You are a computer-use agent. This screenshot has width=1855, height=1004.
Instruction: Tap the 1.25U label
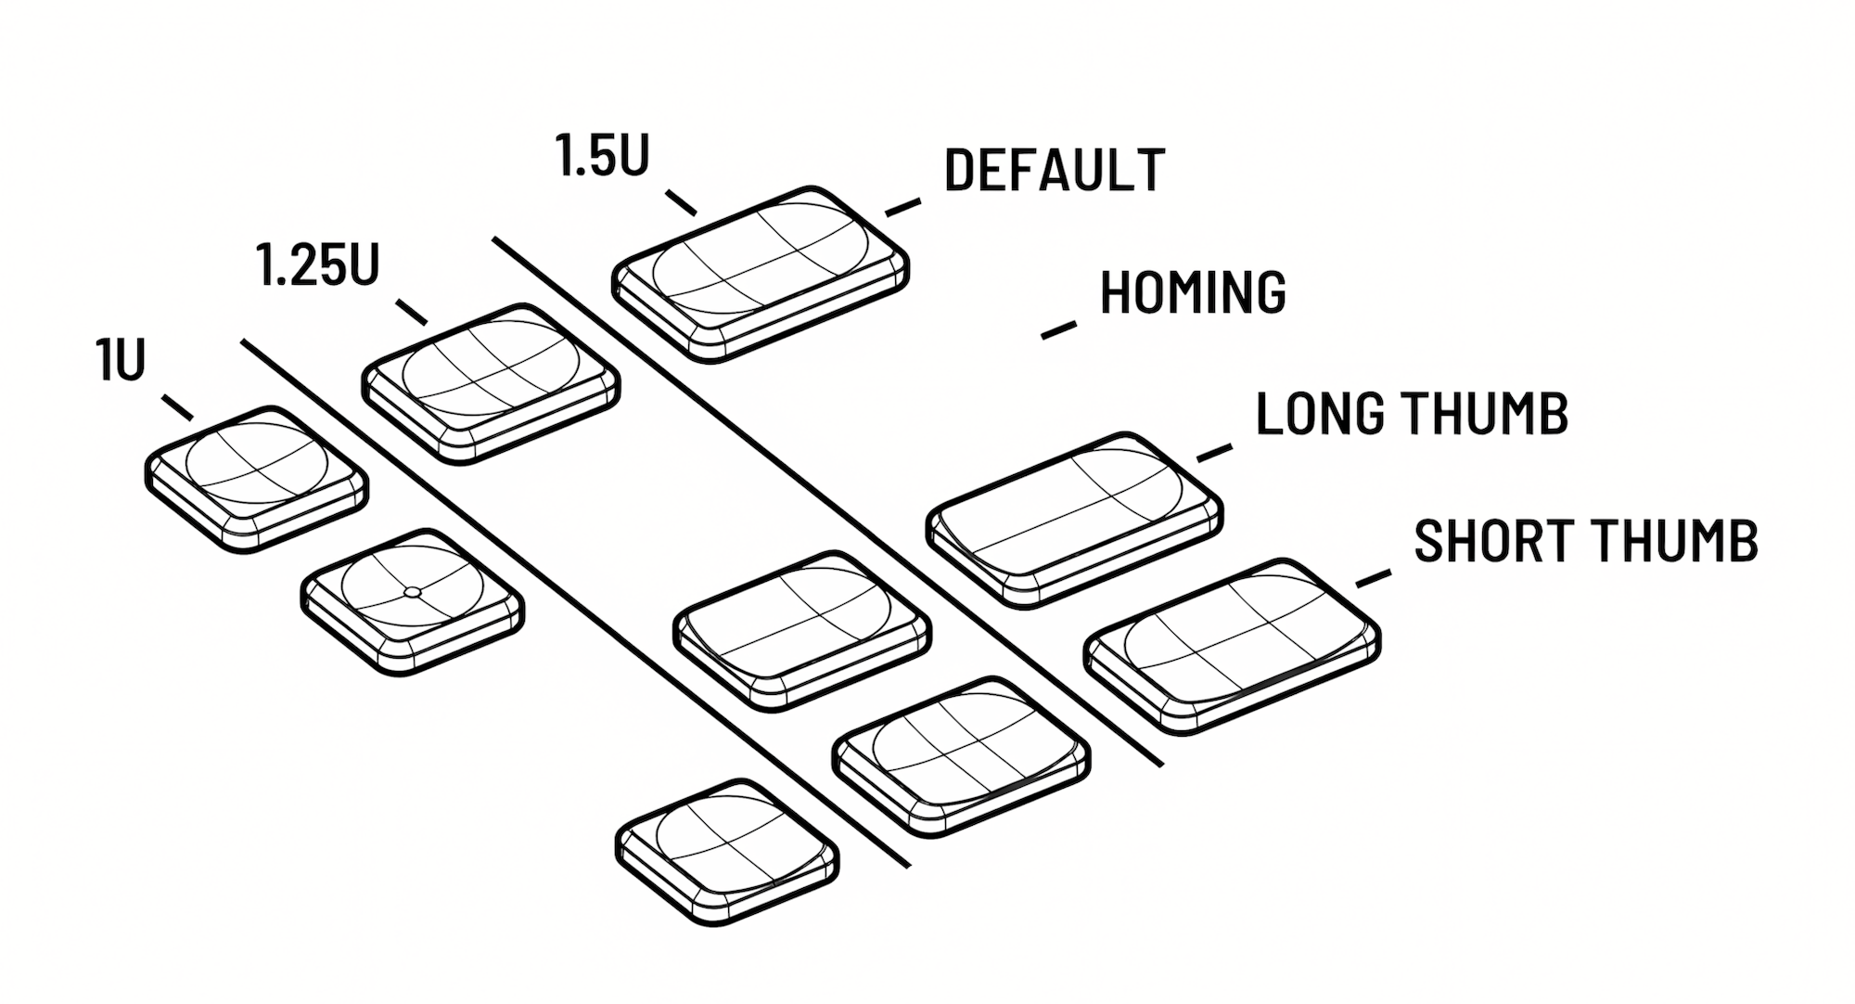[x=317, y=265]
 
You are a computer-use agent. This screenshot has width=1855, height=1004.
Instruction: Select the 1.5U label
[x=602, y=155]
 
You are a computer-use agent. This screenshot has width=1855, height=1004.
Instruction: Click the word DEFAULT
[x=1054, y=171]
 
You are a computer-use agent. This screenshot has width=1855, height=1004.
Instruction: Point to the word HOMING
[x=1192, y=292]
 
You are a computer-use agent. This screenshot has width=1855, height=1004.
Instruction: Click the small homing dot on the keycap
[x=414, y=592]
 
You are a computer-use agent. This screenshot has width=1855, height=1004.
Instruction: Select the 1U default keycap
[x=256, y=478]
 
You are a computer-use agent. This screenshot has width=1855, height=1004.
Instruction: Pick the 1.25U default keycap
[x=491, y=381]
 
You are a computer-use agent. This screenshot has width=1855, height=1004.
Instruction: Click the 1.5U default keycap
[x=761, y=272]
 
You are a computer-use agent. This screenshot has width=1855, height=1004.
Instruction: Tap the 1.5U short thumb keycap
[x=1232, y=645]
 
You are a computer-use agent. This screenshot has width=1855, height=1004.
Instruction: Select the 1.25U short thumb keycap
[x=961, y=755]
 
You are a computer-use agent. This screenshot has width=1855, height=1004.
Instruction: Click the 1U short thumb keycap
[x=727, y=850]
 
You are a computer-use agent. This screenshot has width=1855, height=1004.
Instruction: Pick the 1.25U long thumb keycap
[x=802, y=630]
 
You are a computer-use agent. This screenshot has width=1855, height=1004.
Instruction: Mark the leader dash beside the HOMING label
[x=1058, y=329]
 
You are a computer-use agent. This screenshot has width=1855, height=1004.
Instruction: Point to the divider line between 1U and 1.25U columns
[x=575, y=603]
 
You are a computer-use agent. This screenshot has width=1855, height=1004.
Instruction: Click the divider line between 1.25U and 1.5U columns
[x=825, y=501]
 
